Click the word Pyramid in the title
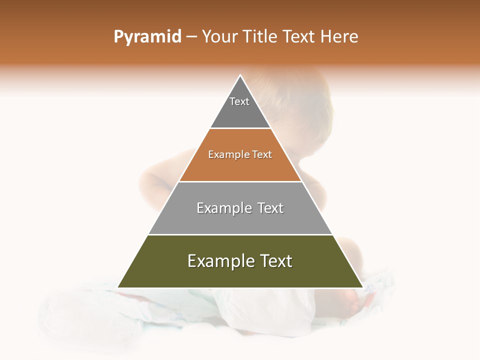point(147,37)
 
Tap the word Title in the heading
point(261,37)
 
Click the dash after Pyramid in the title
point(191,37)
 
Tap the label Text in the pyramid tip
point(239,101)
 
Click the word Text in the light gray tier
point(270,208)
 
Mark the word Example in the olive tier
point(220,261)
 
